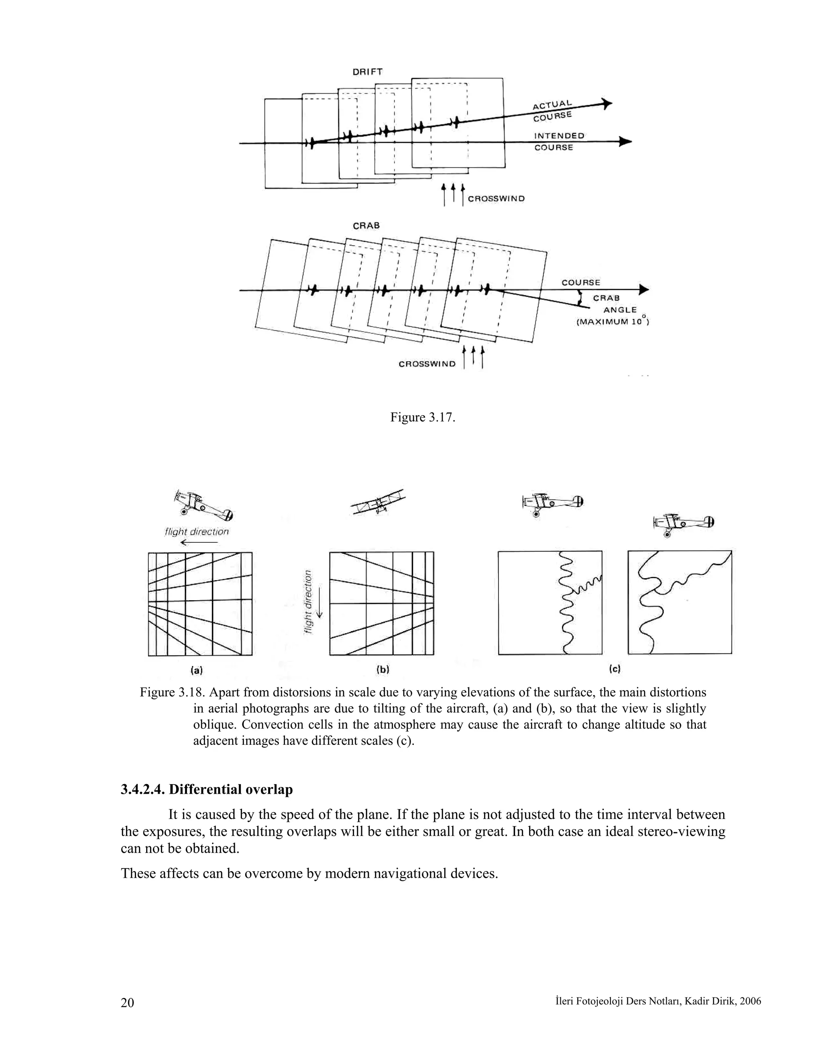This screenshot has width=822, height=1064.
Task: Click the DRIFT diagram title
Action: [367, 71]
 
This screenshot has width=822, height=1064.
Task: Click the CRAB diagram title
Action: [366, 226]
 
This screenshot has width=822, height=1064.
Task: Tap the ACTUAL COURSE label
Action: [552, 110]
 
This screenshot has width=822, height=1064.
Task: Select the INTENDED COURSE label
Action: [559, 141]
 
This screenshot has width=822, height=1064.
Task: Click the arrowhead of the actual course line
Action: [607, 103]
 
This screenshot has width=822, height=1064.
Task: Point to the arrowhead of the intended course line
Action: [625, 142]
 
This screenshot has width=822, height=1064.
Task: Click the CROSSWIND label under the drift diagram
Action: [496, 199]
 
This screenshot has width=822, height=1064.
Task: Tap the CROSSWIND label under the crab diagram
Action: [427, 364]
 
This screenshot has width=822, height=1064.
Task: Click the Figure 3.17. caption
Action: [422, 418]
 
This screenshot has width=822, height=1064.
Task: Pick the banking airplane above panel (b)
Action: [378, 502]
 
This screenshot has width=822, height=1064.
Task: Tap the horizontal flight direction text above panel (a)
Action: [197, 532]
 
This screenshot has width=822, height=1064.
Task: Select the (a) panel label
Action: [196, 671]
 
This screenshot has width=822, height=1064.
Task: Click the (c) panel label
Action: [614, 669]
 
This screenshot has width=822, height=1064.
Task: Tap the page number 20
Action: [127, 1003]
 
